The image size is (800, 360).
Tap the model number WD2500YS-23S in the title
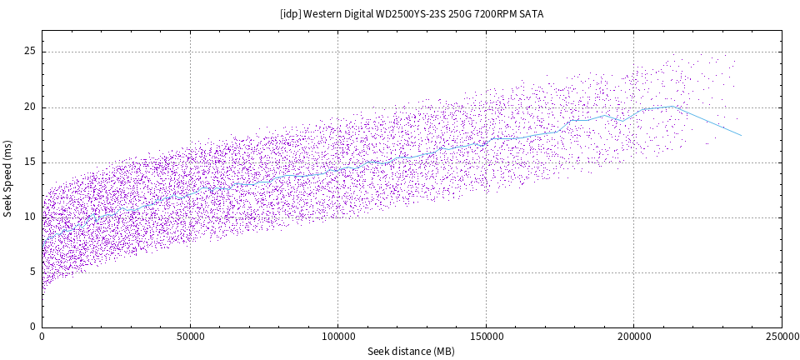412,14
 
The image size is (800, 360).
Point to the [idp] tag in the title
291,14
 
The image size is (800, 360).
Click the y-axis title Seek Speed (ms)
8,178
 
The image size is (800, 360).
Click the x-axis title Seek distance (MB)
412,352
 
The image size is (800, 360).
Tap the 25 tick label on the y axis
30,52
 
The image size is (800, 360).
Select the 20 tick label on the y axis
30,107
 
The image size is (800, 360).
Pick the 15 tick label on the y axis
30,162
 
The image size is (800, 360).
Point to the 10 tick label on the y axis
30,217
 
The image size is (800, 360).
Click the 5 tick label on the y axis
32,272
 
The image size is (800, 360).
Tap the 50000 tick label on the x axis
190,336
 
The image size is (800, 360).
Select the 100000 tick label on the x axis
337,336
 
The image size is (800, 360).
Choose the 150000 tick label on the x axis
486,336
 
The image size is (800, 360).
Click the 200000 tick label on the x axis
633,336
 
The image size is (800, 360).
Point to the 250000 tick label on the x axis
781,336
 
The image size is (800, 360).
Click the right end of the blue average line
741,135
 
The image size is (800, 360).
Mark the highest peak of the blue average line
673,106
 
